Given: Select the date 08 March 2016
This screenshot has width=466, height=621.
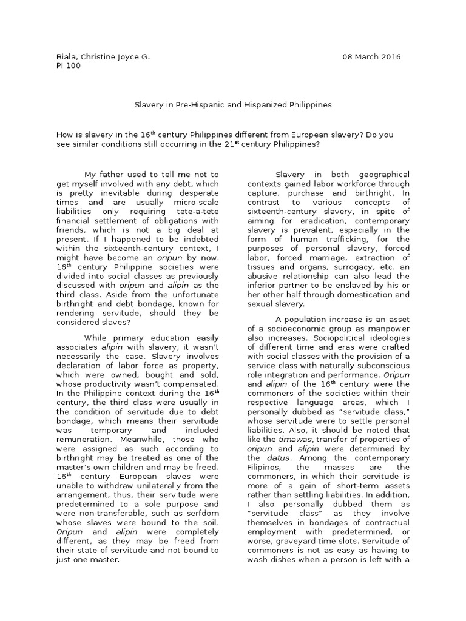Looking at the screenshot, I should click(x=371, y=57).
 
